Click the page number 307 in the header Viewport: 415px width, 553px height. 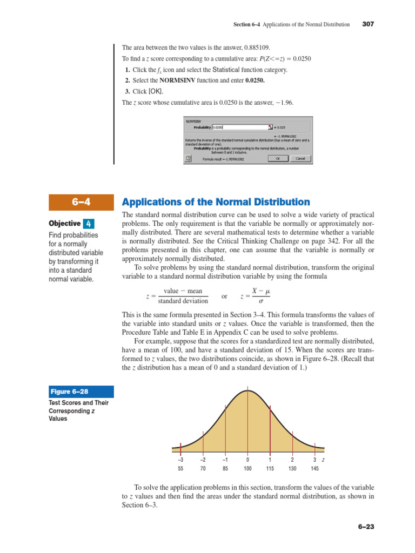coord(368,24)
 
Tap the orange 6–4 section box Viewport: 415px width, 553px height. coord(81,203)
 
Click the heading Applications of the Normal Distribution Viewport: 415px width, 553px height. coord(216,202)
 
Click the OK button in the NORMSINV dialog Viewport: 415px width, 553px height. coord(277,159)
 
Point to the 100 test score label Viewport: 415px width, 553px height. coord(247,469)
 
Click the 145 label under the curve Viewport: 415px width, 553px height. coord(314,469)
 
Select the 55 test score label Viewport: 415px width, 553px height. coord(180,469)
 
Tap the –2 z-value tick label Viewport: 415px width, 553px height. coord(203,460)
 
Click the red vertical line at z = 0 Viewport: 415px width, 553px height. coord(248,421)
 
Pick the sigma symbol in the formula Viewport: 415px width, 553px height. coord(261,301)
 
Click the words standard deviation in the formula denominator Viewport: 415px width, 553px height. coord(183,301)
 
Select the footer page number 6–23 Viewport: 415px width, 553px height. coord(365,527)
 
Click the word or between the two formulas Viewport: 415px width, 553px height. coord(224,296)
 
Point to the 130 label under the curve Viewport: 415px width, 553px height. coord(292,469)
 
